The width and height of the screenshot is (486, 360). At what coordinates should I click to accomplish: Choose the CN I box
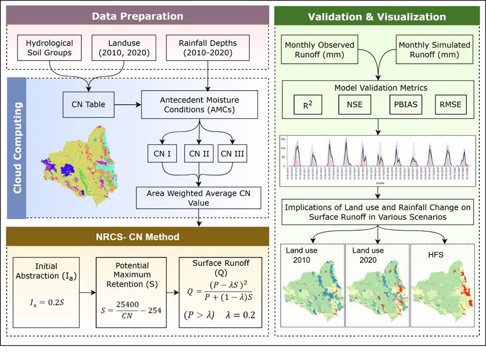161,153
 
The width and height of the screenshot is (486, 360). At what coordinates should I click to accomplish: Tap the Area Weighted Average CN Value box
199,198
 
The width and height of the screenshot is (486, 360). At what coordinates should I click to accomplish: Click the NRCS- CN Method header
137,237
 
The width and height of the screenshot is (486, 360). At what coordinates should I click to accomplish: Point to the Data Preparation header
137,16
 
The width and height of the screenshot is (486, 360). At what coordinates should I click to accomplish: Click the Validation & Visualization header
376,16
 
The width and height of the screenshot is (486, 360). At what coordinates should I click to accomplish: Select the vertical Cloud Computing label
17,147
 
